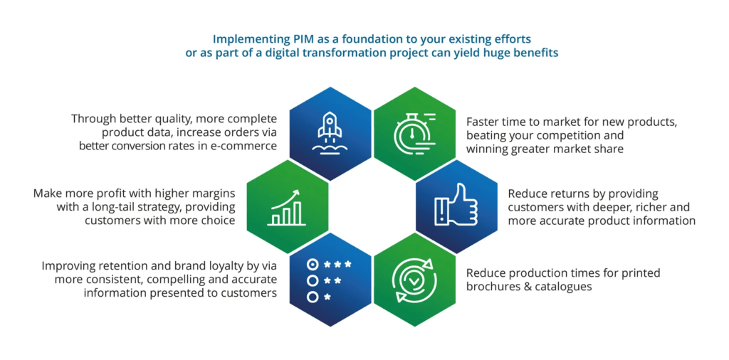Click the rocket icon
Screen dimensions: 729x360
click(x=330, y=132)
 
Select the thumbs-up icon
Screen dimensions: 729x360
click(x=456, y=206)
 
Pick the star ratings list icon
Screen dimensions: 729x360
click(x=329, y=280)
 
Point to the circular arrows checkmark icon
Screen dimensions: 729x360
click(x=414, y=280)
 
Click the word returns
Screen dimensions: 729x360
click(x=562, y=194)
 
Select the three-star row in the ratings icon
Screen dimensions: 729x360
click(x=329, y=265)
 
